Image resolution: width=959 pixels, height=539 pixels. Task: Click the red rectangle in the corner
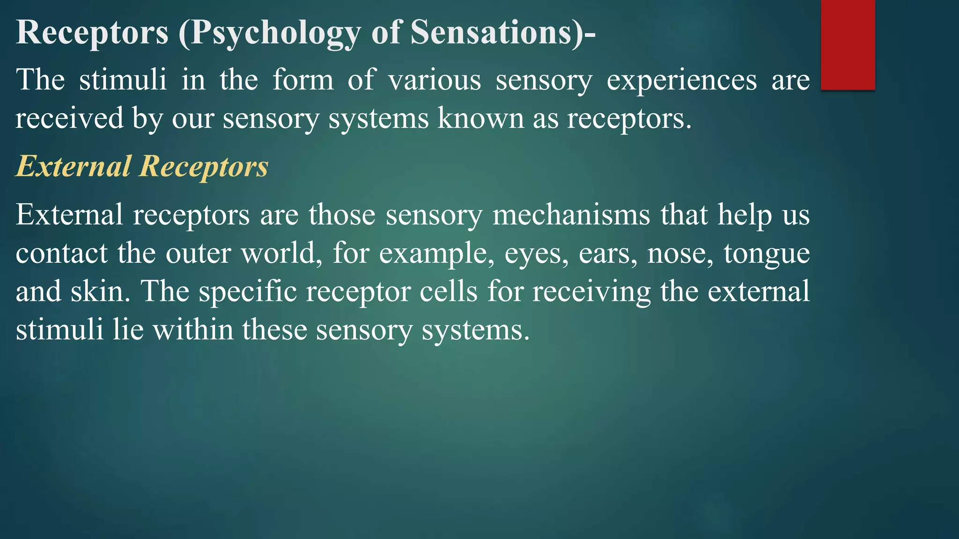click(848, 45)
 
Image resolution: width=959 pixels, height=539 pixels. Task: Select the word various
click(435, 80)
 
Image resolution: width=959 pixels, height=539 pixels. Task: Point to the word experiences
click(681, 80)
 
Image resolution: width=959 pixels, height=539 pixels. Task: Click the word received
click(70, 118)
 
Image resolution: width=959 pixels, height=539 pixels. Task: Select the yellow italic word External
click(74, 166)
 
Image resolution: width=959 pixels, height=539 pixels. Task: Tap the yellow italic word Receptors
click(204, 166)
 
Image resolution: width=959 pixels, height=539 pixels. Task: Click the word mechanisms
click(571, 215)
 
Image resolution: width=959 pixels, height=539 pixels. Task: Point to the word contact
click(62, 253)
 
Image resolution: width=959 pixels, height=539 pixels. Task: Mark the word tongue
click(767, 253)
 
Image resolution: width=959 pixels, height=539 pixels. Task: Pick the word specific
click(248, 291)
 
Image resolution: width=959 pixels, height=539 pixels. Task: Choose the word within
click(193, 330)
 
